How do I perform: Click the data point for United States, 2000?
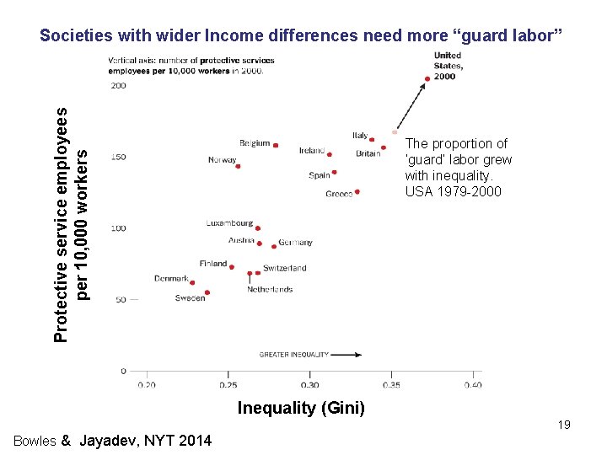pos(427,78)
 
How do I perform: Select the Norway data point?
pos(238,166)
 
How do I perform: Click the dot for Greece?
pos(357,192)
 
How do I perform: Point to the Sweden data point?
pos(207,292)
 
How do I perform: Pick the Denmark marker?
pos(191,284)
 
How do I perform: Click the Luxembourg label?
pos(229,223)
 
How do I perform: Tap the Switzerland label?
pos(285,268)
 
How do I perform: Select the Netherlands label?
pos(270,289)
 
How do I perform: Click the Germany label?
pos(295,243)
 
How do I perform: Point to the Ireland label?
pos(311,150)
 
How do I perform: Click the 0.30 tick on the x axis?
pos(309,385)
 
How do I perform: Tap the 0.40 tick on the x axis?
pos(473,385)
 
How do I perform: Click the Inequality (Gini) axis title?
pos(301,409)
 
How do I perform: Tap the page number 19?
pos(564,425)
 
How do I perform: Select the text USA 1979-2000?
pos(453,191)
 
